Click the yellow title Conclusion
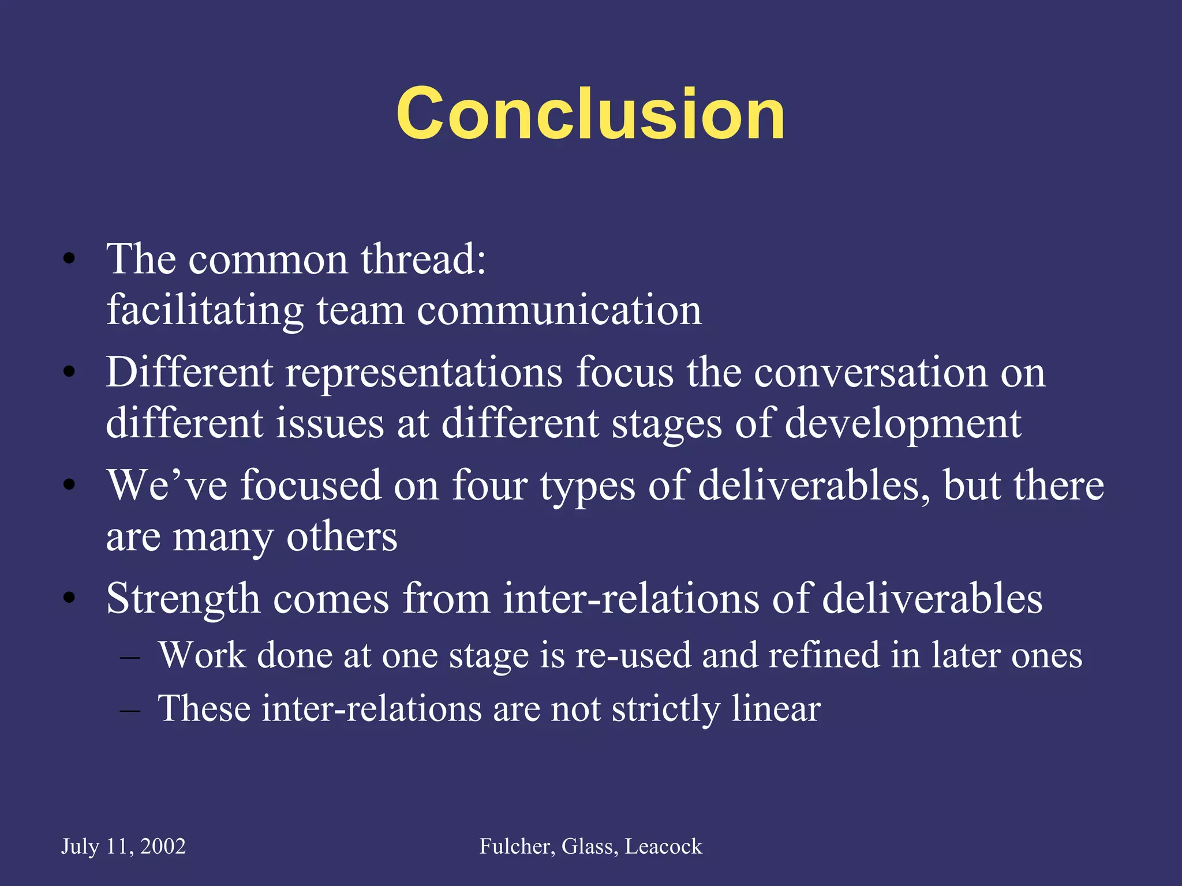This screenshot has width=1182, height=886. click(x=590, y=114)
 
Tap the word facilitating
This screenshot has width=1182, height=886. click(x=205, y=310)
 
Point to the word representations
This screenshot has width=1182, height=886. click(x=424, y=373)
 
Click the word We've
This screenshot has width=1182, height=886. click(x=167, y=485)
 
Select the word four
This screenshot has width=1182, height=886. click(x=489, y=485)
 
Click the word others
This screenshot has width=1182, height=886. click(x=342, y=536)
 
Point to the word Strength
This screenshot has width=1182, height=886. click(x=183, y=599)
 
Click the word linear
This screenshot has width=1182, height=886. click(x=776, y=708)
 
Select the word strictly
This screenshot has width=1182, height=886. click(x=665, y=708)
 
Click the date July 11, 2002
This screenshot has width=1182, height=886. click(x=124, y=846)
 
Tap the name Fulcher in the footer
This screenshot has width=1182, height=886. click(x=517, y=846)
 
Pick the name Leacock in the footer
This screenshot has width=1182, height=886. click(x=663, y=846)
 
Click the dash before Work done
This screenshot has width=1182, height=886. click(x=130, y=657)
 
